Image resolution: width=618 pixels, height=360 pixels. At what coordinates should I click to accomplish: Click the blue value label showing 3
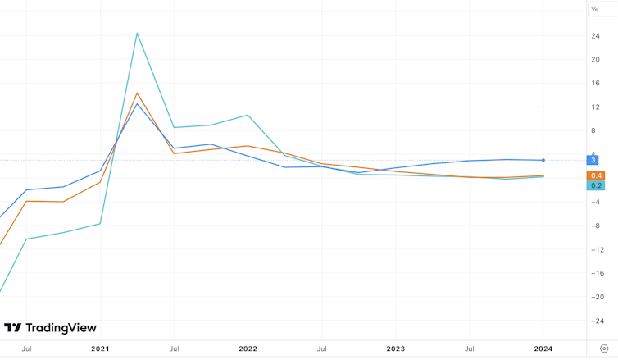[593, 160]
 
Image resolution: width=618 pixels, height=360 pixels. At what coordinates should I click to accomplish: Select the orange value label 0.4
[596, 175]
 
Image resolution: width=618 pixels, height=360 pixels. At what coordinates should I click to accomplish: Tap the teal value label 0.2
[596, 185]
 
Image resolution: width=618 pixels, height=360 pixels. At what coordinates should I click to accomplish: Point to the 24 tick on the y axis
[594, 36]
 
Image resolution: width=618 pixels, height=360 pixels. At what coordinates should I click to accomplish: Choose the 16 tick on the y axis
[594, 84]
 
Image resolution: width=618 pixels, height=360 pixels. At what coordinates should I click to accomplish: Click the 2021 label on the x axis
[100, 349]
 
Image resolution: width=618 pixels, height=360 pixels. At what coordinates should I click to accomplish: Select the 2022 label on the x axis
[248, 349]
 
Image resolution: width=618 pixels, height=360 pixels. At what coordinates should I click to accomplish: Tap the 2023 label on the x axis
[396, 349]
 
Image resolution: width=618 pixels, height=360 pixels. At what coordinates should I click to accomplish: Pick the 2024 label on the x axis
[543, 349]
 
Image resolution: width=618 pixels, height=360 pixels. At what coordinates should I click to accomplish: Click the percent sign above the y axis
[594, 8]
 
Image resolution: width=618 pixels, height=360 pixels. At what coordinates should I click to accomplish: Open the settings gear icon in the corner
[604, 349]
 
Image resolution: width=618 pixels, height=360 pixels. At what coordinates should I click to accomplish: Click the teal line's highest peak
[137, 33]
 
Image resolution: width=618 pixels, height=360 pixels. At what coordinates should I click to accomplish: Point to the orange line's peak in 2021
[137, 93]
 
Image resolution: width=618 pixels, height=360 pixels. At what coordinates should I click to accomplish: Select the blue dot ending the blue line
[543, 160]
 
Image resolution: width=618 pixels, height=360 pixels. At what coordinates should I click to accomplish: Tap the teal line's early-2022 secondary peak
[248, 115]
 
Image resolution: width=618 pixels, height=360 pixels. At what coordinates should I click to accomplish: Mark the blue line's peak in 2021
[137, 104]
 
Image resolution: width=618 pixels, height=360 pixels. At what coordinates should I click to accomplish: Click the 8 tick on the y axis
[594, 131]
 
